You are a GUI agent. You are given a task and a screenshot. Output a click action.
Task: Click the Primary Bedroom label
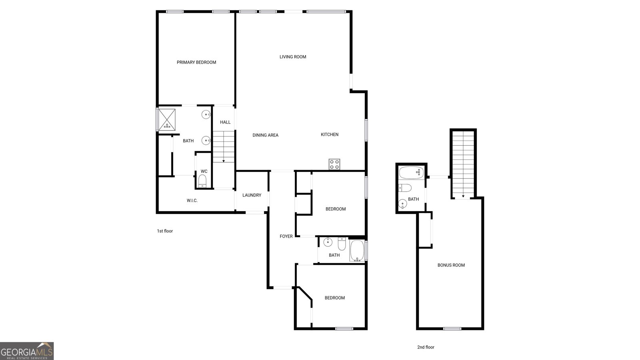point(196,62)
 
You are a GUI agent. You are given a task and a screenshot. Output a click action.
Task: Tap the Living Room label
point(293,57)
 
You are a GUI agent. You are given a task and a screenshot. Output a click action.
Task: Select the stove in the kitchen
point(334,164)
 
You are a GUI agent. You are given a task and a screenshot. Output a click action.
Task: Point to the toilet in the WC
point(202,180)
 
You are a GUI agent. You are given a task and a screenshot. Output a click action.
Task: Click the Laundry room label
point(252,195)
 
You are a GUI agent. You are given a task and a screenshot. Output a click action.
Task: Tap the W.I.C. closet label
point(192,200)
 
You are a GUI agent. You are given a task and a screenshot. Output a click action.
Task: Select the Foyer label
point(286,236)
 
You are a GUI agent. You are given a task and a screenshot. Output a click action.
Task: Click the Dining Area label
point(265,135)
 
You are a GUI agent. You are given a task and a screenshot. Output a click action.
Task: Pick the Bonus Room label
point(451,265)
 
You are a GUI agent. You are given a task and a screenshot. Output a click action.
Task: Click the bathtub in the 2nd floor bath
point(412,173)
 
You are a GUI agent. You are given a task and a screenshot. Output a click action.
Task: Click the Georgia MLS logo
point(27,351)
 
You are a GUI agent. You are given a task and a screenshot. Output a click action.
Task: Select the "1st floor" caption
point(165,231)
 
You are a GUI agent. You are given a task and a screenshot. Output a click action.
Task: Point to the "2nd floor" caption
point(426,347)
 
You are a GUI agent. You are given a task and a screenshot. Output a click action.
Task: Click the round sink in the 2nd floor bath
point(402,204)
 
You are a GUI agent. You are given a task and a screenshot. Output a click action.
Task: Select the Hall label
point(225,122)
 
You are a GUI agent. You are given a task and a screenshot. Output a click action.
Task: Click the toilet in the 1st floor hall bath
point(342,243)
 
